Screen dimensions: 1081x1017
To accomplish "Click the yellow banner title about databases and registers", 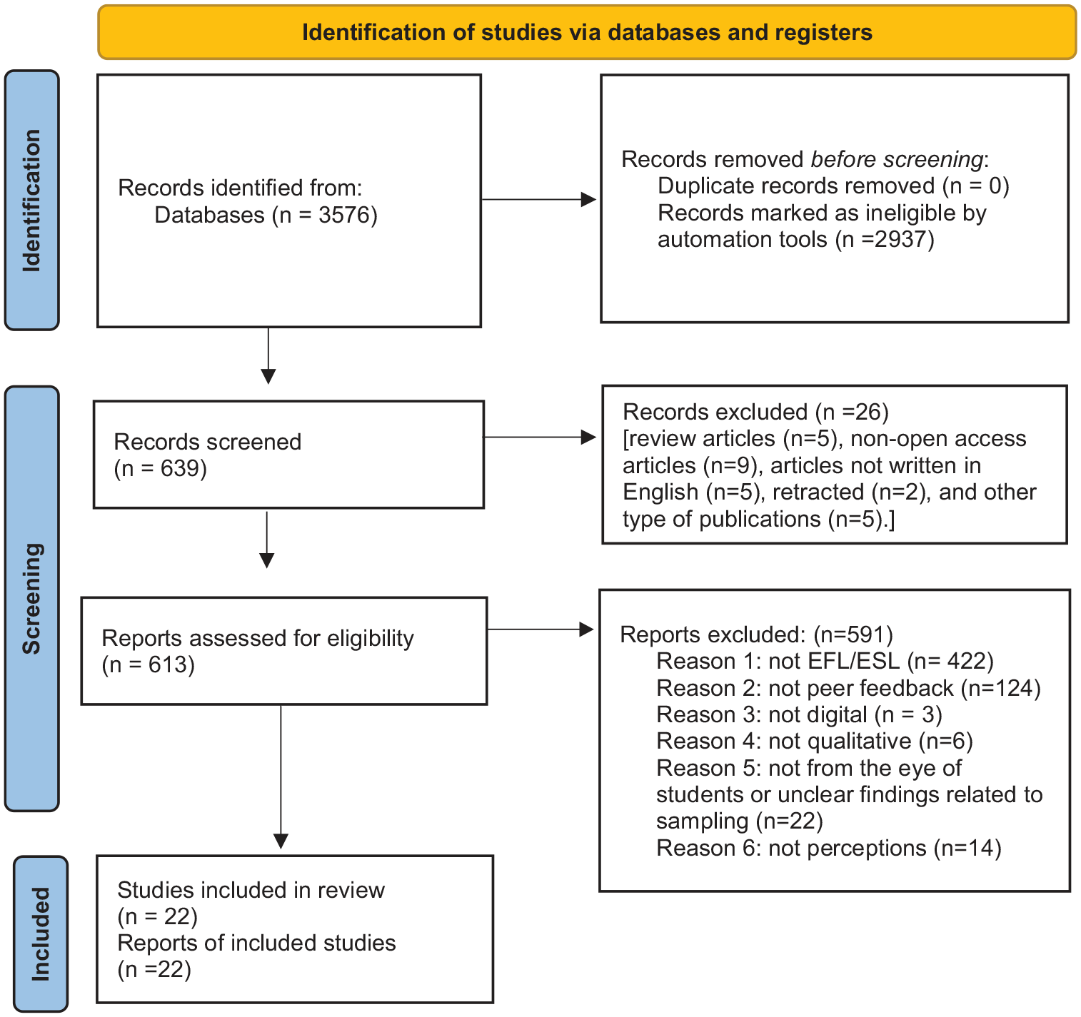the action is (x=587, y=32).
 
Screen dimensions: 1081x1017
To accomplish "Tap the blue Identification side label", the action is (x=31, y=201).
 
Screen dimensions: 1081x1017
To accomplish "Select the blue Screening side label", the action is (x=31, y=598).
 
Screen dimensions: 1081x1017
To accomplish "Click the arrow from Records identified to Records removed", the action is (x=539, y=199).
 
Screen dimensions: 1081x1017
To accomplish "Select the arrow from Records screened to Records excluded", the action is (x=540, y=437).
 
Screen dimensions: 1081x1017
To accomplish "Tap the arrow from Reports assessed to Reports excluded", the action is (x=540, y=629).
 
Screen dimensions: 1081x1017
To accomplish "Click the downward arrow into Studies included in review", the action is (x=281, y=777).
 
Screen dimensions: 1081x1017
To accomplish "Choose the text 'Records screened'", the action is (x=207, y=442).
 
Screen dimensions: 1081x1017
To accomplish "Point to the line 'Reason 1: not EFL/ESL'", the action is (x=778, y=661).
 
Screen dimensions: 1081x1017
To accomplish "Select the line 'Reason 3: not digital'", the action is (x=762, y=714).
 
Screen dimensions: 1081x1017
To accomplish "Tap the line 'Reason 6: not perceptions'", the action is (x=791, y=849).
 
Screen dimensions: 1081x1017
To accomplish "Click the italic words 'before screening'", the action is (x=897, y=159).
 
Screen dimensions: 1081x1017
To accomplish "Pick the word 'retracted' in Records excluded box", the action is (x=818, y=492).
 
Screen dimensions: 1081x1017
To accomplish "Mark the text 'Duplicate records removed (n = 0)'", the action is (x=833, y=186).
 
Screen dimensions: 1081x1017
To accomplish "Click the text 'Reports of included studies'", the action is (x=256, y=943).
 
